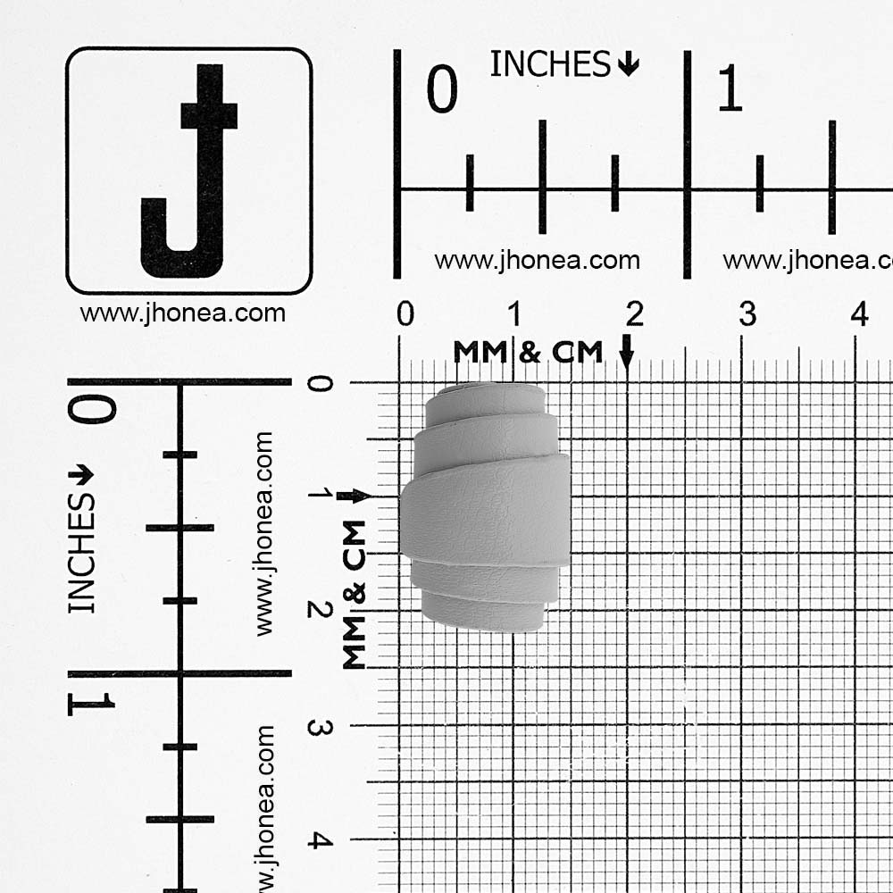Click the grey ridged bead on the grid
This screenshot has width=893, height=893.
[x=485, y=508]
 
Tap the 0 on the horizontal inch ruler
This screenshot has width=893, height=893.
[x=442, y=88]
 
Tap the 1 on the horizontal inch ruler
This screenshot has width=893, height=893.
[x=730, y=88]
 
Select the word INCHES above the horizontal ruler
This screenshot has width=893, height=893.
[x=550, y=63]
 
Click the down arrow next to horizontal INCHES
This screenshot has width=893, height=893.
[x=628, y=63]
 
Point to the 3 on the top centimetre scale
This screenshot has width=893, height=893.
[x=747, y=313]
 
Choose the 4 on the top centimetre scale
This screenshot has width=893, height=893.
[x=860, y=313]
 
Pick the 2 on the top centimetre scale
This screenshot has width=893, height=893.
[x=634, y=313]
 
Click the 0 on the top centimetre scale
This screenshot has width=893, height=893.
[x=405, y=313]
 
